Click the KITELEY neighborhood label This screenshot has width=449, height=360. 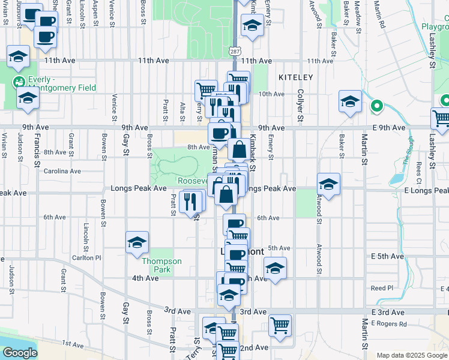point(295,77)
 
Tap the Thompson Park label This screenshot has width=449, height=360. point(161,265)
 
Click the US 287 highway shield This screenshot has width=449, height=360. point(234,52)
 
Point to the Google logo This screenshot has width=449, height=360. point(19,353)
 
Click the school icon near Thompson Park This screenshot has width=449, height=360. point(137,242)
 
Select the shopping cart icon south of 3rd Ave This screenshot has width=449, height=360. point(280,326)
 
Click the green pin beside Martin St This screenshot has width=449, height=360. point(376,107)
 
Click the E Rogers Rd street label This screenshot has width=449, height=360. point(388,324)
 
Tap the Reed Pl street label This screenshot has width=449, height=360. point(381,288)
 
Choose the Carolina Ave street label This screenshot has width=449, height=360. point(62,171)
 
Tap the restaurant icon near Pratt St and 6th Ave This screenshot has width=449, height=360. point(191,202)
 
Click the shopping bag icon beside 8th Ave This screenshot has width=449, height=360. point(239,149)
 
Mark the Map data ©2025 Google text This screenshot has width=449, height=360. point(412,355)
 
